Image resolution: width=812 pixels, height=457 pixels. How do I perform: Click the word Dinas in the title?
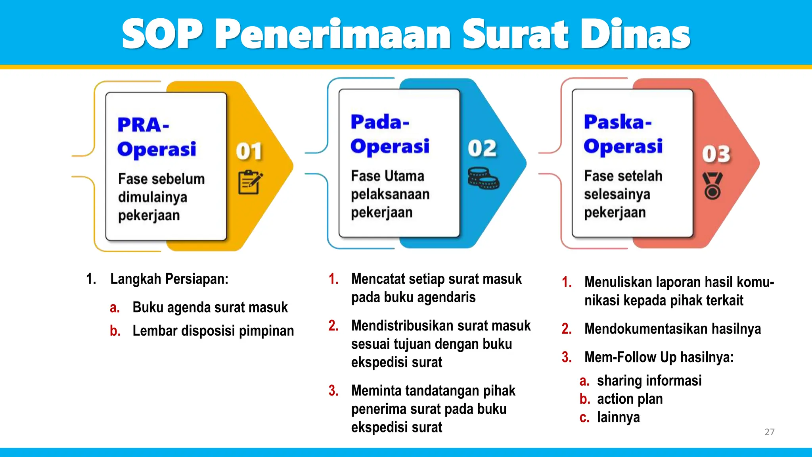[x=635, y=35]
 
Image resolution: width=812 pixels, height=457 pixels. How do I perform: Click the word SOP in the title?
[x=162, y=35]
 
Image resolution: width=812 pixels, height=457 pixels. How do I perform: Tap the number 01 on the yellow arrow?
[x=249, y=152]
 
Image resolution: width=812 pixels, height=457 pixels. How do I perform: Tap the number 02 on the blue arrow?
[x=482, y=148]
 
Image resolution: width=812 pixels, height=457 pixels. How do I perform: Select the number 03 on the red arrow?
[x=716, y=154]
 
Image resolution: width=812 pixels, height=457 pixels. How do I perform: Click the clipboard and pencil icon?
[x=250, y=182]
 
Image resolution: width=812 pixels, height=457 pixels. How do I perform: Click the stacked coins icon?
[x=483, y=178]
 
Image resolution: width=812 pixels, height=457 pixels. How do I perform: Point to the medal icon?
[x=712, y=185]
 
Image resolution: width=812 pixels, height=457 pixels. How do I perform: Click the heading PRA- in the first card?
[x=143, y=125]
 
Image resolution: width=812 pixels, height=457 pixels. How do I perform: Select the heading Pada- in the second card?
[x=379, y=122]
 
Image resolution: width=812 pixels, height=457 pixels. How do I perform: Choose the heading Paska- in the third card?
[x=617, y=122]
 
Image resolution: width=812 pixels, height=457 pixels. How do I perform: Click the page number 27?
[x=769, y=432]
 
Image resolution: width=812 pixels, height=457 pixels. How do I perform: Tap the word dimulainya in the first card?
[x=152, y=197]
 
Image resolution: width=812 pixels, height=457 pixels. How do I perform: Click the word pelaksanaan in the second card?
[x=390, y=194]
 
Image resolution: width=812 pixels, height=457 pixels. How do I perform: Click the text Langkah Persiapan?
[x=169, y=279]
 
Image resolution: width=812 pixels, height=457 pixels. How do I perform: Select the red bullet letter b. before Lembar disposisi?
[x=115, y=330]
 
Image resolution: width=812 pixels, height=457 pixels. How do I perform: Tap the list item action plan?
[x=630, y=399]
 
